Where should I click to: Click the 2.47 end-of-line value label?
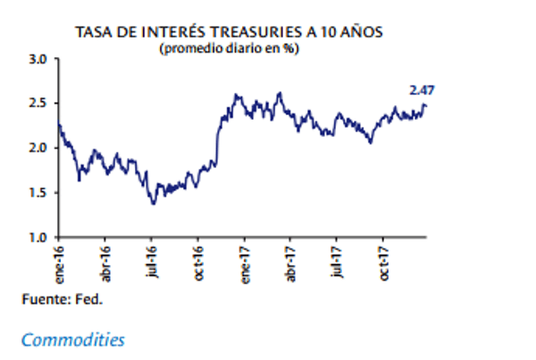(422, 89)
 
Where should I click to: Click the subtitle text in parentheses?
(229, 47)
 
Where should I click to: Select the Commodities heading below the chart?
(72, 339)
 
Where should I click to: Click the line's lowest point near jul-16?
(154, 204)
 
